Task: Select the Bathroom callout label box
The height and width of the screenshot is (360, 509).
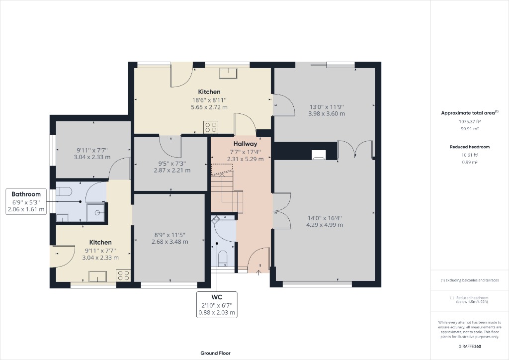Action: tap(26, 201)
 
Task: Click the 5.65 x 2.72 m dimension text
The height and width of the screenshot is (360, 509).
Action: tap(209, 107)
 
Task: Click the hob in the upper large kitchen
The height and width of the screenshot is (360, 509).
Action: tap(210, 126)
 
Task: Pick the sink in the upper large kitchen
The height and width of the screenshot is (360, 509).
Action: tap(229, 74)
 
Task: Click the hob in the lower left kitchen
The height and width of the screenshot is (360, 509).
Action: tap(123, 275)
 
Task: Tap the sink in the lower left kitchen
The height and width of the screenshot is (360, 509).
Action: tap(97, 275)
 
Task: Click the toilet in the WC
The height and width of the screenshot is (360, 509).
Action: tap(223, 258)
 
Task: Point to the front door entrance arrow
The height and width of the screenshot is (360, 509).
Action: tap(259, 272)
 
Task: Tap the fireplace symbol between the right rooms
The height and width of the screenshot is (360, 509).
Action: tap(318, 154)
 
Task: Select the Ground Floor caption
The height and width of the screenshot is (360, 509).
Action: tap(215, 353)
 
